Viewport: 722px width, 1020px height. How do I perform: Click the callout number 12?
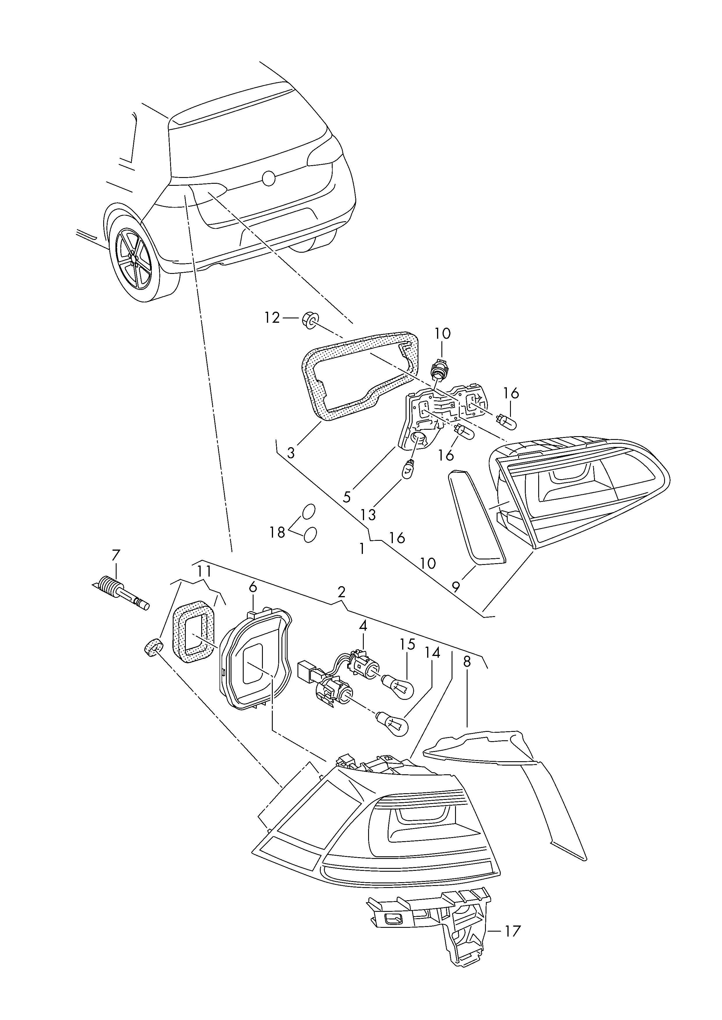click(x=272, y=318)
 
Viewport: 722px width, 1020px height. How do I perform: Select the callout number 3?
click(x=291, y=453)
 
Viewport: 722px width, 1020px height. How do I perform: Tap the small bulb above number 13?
click(x=408, y=469)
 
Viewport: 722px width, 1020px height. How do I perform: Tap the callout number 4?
click(x=363, y=626)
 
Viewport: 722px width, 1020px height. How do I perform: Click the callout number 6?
click(x=252, y=588)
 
